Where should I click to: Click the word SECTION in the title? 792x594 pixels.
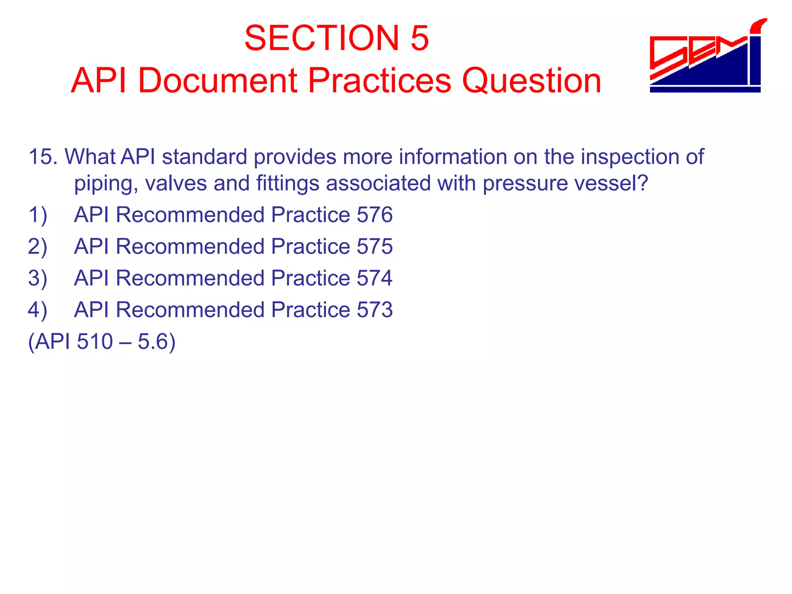321,38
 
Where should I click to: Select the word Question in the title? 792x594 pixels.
532,81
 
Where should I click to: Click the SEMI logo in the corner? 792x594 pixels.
706,56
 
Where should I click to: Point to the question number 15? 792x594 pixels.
43,157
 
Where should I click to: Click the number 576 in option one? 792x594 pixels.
374,215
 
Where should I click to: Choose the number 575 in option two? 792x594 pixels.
374,246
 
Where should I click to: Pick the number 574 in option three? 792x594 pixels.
374,278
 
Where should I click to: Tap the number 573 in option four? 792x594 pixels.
374,310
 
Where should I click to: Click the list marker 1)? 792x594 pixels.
38,215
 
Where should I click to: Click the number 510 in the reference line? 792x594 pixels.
95,341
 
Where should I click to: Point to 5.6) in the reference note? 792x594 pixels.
156,342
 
